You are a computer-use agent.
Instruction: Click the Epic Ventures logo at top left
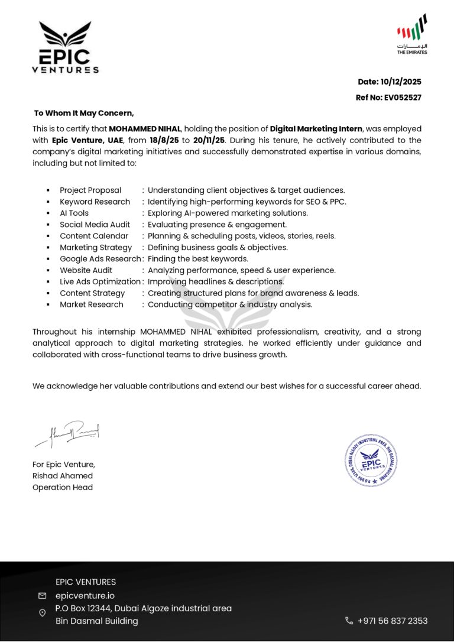coord(65,47)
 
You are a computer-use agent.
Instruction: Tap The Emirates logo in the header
coord(412,34)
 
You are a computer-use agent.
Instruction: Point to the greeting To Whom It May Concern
coord(84,113)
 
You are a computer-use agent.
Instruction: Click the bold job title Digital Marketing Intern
coord(316,129)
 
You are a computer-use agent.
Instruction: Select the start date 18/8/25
coord(164,141)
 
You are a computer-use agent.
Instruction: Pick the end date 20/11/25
coord(210,141)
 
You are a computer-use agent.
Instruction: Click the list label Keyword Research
coord(95,202)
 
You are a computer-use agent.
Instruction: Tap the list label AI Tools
coord(74,213)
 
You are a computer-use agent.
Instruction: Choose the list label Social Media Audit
coord(95,225)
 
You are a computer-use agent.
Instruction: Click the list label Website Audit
coord(86,270)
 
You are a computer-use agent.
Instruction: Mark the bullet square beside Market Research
coord(48,305)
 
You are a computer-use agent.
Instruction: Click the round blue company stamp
coord(371,460)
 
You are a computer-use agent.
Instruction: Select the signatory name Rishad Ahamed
coord(63,476)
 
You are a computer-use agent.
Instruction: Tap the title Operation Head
coord(63,488)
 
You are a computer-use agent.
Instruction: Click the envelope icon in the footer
coord(42,596)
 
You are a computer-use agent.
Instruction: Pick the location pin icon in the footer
coord(42,613)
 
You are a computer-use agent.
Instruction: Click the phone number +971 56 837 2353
coord(393,621)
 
